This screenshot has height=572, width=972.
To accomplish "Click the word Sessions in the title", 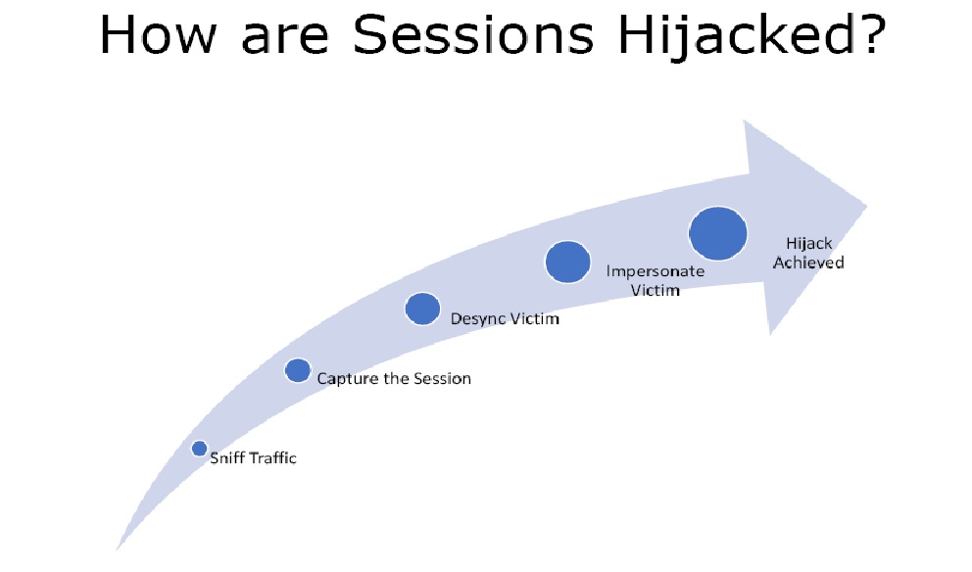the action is click(473, 34).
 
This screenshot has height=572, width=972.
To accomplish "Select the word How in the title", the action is click(158, 34).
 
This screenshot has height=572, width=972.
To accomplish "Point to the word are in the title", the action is click(284, 39).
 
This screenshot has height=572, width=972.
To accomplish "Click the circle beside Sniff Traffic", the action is click(199, 448).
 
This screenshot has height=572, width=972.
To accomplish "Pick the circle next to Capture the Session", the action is click(298, 370).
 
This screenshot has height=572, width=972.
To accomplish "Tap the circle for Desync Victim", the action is click(422, 309).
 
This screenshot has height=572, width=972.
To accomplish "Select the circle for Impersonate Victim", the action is click(568, 262).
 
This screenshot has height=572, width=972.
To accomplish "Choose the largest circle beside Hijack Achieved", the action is click(718, 234).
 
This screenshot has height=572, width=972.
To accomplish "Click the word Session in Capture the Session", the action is click(442, 379).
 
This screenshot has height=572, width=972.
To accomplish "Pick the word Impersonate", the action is click(656, 272).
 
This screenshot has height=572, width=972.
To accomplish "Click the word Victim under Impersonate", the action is click(656, 290).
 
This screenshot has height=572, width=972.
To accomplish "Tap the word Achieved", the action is click(808, 262).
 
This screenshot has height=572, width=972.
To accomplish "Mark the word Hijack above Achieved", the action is click(809, 244).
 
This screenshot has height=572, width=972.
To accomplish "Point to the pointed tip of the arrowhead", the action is click(866, 205).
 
